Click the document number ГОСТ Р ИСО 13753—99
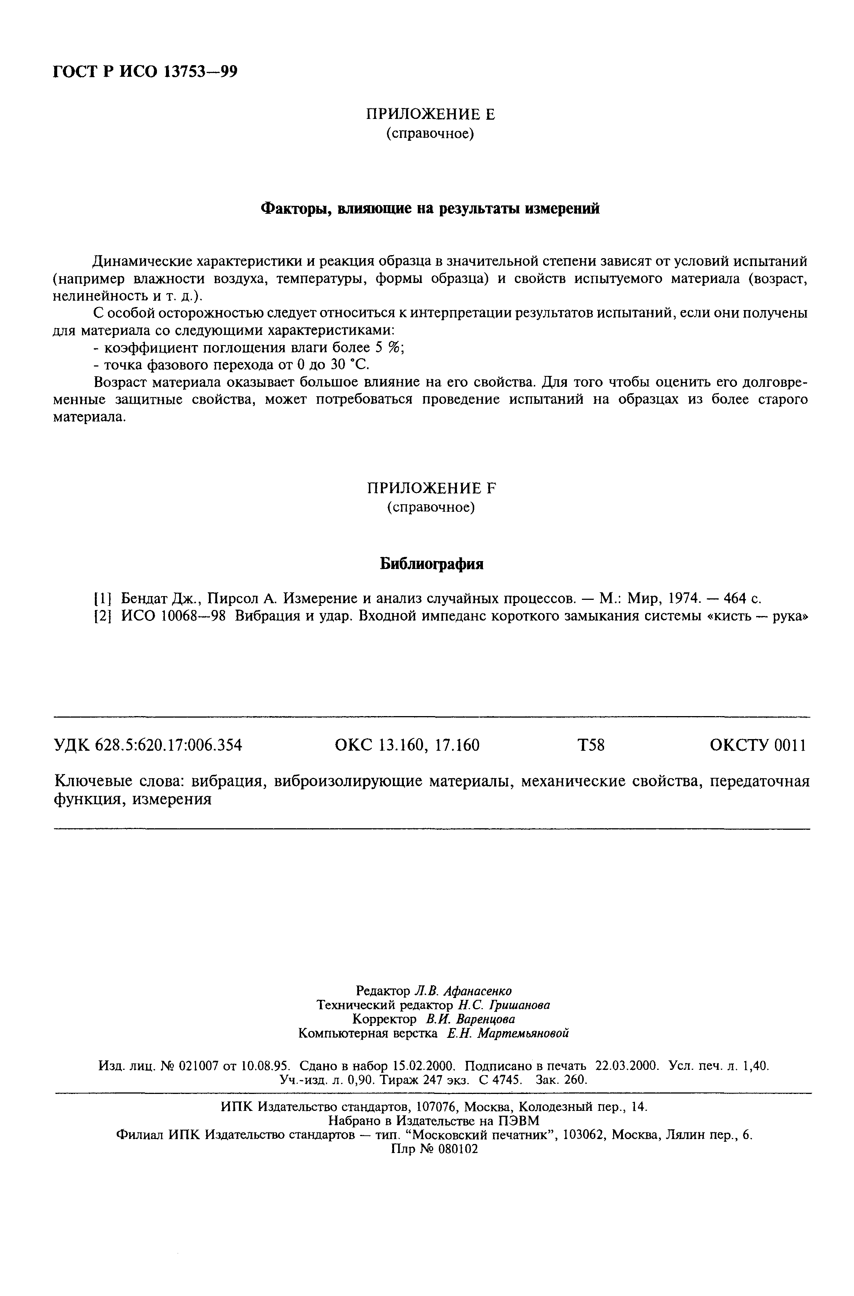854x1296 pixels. [x=145, y=71]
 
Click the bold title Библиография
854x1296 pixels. [x=431, y=564]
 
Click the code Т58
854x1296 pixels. [x=591, y=745]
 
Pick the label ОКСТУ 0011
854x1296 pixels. [x=758, y=745]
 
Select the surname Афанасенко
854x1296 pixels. [x=478, y=990]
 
